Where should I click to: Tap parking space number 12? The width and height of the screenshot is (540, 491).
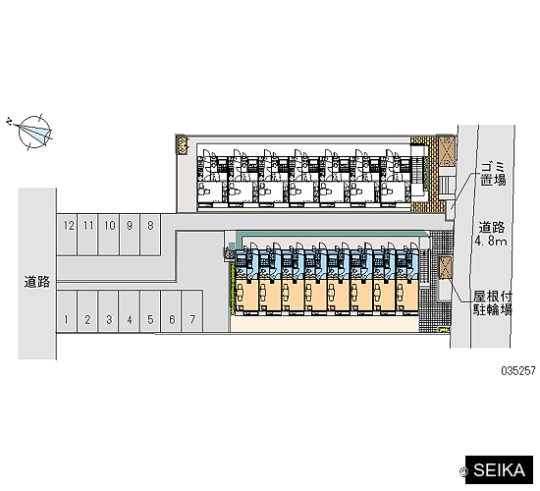(67, 235)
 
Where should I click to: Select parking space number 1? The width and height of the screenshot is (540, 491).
(67, 311)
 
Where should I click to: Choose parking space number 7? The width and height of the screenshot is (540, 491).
(192, 311)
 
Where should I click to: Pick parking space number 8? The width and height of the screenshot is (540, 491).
(150, 235)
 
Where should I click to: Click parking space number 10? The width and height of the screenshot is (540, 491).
(109, 235)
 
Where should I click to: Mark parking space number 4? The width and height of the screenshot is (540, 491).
(130, 311)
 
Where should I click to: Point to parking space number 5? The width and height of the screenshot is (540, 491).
(150, 311)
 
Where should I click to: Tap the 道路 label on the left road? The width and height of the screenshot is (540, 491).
(37, 282)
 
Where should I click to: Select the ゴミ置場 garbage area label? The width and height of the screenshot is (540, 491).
(493, 175)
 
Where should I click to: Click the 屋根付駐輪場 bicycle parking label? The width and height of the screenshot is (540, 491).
(493, 302)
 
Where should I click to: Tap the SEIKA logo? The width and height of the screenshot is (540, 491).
(499, 469)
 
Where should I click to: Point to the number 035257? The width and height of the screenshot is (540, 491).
(518, 371)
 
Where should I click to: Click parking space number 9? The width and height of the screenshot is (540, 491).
(130, 235)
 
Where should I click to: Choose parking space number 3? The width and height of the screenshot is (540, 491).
(108, 311)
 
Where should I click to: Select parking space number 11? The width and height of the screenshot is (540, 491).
(87, 235)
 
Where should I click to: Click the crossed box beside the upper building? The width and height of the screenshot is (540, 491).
(447, 151)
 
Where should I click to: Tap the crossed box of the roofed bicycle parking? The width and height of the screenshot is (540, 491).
(445, 267)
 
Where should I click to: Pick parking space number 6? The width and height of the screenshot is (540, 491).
(171, 311)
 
